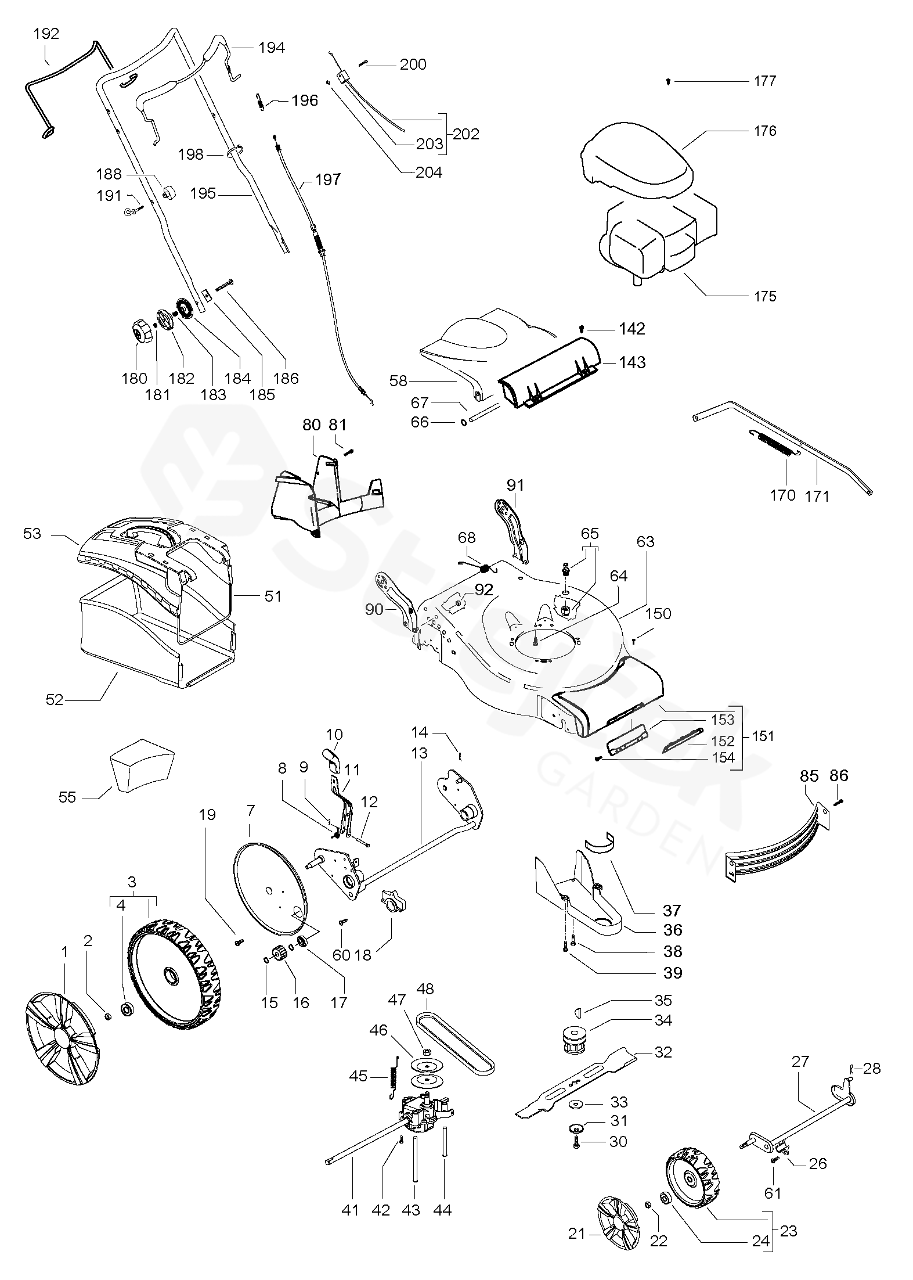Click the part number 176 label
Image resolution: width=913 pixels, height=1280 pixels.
(765, 131)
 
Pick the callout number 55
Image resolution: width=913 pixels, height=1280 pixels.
(67, 797)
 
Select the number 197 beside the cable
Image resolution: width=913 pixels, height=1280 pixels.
(328, 179)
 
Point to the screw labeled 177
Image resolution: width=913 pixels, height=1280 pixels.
(669, 81)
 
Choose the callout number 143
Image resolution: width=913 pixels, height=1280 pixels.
(632, 362)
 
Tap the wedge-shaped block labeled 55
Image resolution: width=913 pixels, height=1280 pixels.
(142, 765)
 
